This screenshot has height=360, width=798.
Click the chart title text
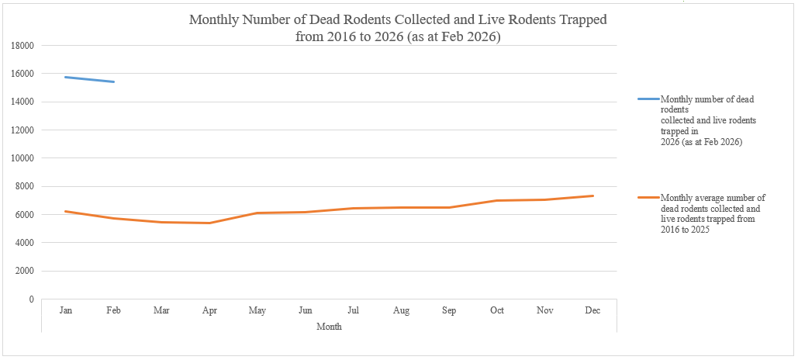tap(398, 28)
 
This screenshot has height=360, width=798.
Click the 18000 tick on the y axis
tap(22, 46)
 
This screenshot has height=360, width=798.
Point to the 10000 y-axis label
tap(22, 158)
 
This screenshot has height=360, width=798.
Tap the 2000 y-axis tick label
tap(25, 271)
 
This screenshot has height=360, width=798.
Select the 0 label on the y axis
tap(31, 299)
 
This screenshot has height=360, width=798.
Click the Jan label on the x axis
tap(66, 310)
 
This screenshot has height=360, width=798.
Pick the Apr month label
tap(209, 310)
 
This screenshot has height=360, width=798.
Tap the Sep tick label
tap(449, 310)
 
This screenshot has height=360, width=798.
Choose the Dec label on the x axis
tap(592, 310)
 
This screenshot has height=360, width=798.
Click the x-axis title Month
tap(329, 327)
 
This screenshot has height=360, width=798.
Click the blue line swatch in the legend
tap(648, 99)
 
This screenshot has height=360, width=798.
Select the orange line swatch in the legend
tap(648, 198)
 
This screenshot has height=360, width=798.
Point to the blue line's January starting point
tap(66, 77)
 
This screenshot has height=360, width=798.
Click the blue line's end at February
tap(114, 81)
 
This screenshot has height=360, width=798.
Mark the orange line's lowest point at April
tap(209, 223)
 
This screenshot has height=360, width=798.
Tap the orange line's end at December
tap(592, 196)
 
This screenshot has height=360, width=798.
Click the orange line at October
tap(497, 200)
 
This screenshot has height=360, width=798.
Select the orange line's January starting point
tap(66, 211)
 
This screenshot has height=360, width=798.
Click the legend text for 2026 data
tap(707, 121)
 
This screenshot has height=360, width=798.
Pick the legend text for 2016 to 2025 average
tap(712, 214)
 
